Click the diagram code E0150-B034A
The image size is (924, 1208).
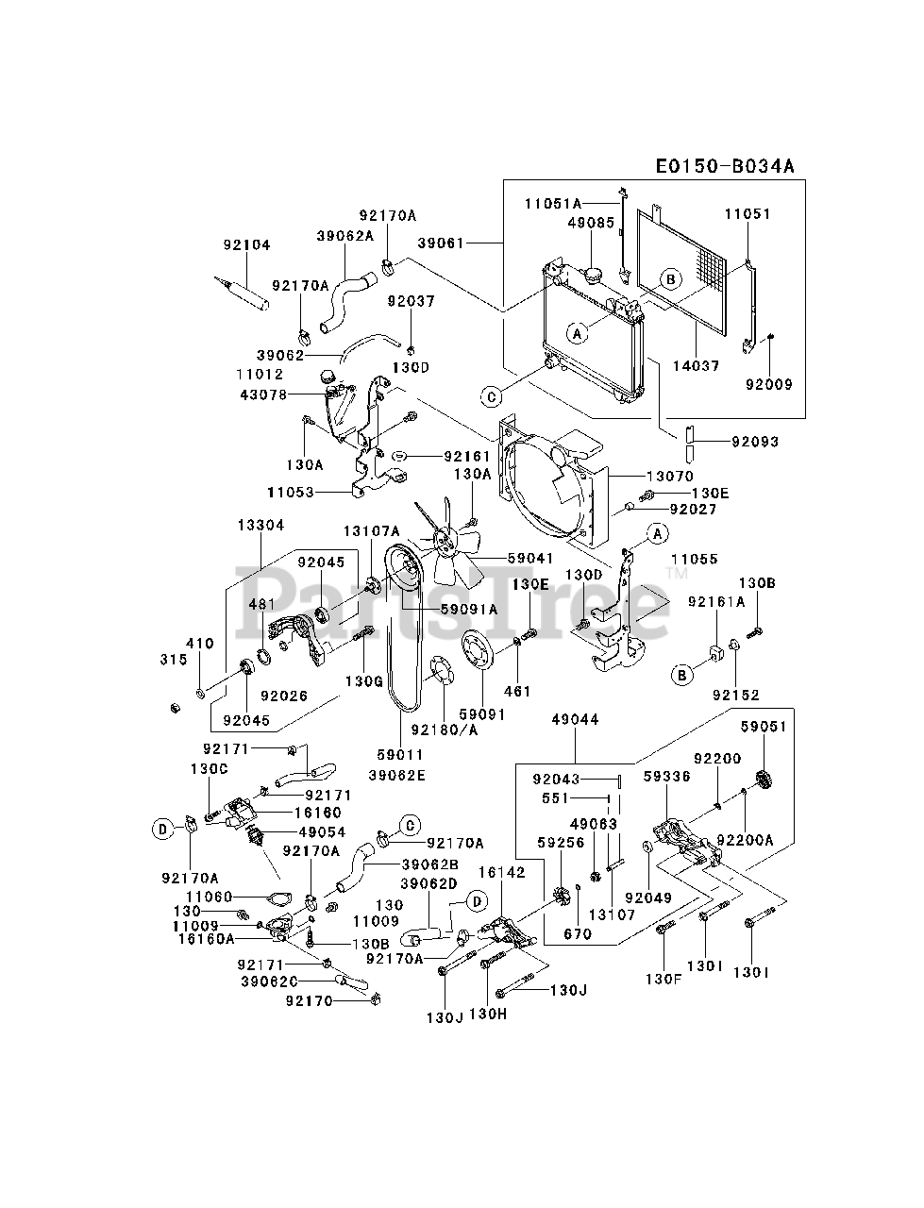[x=725, y=166]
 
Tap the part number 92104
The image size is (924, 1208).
[x=247, y=244]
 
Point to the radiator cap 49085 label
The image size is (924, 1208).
[x=592, y=223]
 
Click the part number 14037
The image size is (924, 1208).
[x=697, y=365]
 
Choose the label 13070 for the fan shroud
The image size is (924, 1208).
[x=670, y=476]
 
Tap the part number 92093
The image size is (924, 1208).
[x=755, y=442]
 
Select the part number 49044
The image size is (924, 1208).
[x=575, y=719]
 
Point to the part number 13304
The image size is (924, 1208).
[x=260, y=525]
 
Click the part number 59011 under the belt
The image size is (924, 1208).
[x=400, y=754]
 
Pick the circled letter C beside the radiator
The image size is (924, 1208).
[x=492, y=396]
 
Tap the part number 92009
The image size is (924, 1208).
[x=769, y=384]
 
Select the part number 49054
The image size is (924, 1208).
[x=323, y=832]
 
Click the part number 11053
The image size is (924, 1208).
[x=291, y=492]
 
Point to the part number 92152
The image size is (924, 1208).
[x=736, y=696]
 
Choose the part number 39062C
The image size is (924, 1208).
[x=270, y=981]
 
